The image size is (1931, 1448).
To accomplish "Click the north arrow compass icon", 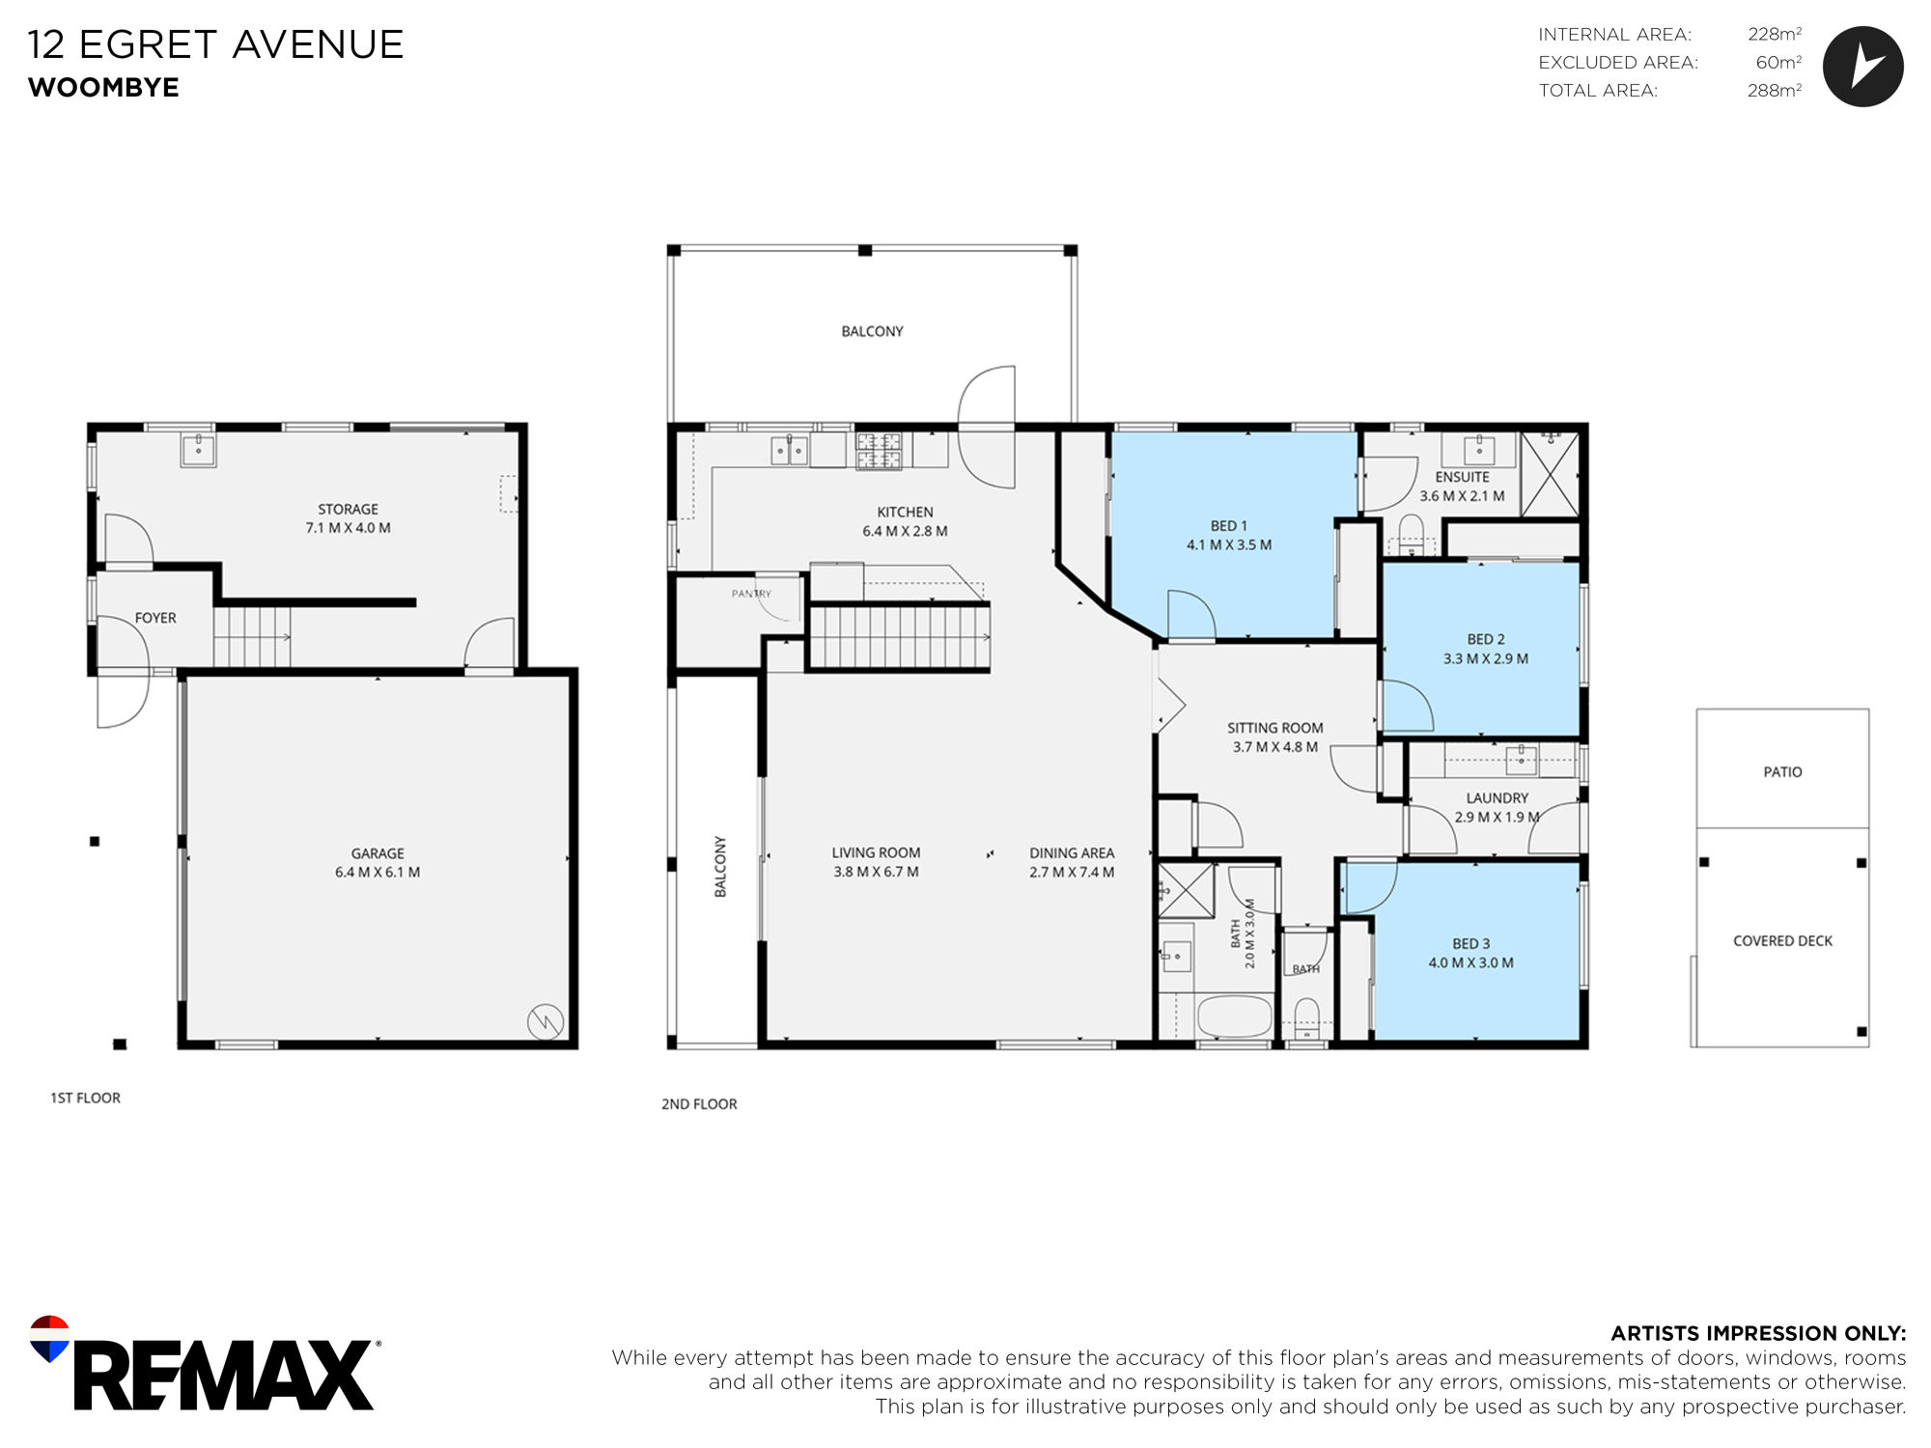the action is tap(1862, 66).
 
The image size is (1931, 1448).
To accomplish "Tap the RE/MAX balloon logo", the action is tap(49, 1338).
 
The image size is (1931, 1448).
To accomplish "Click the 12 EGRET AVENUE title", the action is tap(215, 44).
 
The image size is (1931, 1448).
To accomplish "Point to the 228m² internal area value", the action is tap(1775, 35).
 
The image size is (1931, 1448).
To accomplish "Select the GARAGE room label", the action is tap(378, 853).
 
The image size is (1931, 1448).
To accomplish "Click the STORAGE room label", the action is tap(349, 509).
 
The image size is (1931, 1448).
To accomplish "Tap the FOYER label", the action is tap(155, 618).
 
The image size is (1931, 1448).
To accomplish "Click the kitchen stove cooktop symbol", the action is tap(879, 451).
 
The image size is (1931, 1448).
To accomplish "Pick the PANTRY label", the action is tap(751, 594).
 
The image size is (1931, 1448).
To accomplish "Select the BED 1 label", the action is tap(1229, 526).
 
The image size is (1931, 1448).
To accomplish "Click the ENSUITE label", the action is tap(1462, 477).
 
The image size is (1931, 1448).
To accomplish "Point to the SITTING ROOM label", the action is tap(1275, 728).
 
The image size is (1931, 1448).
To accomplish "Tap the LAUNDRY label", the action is tap(1497, 798).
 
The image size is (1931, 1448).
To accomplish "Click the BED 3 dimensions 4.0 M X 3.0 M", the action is tap(1471, 962).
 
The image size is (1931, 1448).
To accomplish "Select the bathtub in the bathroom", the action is tap(1235, 1017).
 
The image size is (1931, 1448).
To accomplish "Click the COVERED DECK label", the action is tap(1782, 941).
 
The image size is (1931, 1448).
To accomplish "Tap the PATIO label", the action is tap(1782, 772).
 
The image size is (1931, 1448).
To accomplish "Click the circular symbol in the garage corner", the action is tap(546, 1020).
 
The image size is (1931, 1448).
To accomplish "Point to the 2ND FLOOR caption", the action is tap(699, 1104).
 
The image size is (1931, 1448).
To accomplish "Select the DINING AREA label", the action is tap(1072, 853).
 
